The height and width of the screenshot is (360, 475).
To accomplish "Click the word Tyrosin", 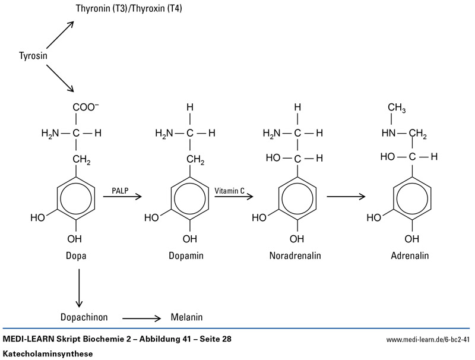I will click(x=33, y=56).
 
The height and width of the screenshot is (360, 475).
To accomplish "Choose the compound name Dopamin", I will click(x=189, y=256).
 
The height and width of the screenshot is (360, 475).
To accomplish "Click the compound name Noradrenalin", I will click(x=294, y=256).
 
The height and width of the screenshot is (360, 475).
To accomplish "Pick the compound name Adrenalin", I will click(x=409, y=256).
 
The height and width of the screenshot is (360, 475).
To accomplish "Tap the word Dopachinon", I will click(x=84, y=317).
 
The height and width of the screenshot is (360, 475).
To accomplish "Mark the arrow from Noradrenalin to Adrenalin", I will click(x=346, y=196).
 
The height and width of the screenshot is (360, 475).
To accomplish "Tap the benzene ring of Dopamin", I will click(x=189, y=197).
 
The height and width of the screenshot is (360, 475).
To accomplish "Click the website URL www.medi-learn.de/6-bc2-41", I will click(x=427, y=339).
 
